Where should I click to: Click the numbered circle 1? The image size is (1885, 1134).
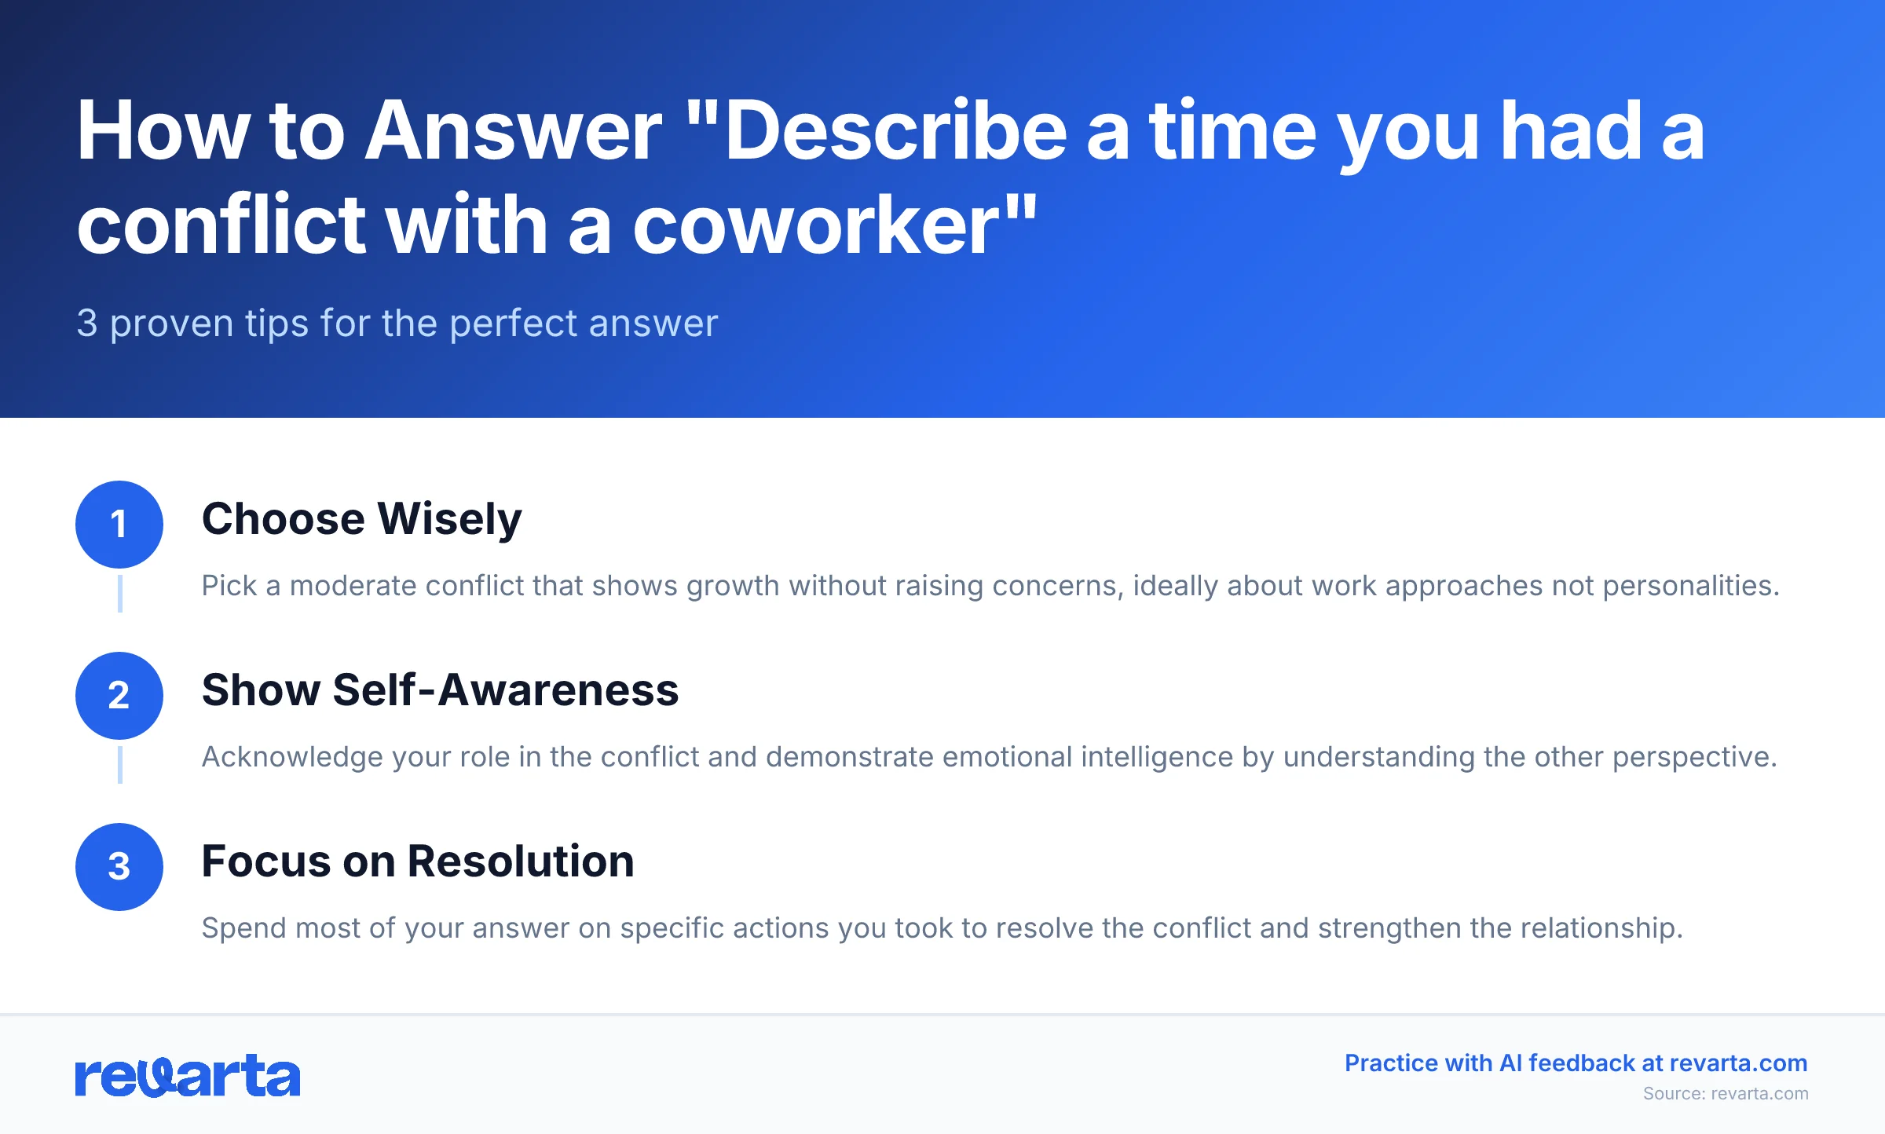pyautogui.click(x=119, y=525)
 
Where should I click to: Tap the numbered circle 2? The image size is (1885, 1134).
pyautogui.click(x=119, y=696)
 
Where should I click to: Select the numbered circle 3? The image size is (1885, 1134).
pyautogui.click(x=119, y=867)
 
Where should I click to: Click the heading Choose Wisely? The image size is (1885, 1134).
pyautogui.click(x=361, y=519)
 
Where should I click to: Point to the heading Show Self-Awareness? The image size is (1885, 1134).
pyautogui.click(x=440, y=690)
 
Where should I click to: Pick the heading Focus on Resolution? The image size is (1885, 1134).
pyautogui.click(x=418, y=861)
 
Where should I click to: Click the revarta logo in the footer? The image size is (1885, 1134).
pyautogui.click(x=188, y=1076)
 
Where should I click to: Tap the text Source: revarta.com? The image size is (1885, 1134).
pyautogui.click(x=1726, y=1094)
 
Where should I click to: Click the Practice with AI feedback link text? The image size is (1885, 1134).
pyautogui.click(x=1576, y=1063)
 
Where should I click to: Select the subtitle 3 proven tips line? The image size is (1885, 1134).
pyautogui.click(x=397, y=324)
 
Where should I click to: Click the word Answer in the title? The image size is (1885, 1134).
pyautogui.click(x=514, y=132)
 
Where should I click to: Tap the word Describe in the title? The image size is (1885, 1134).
pyautogui.click(x=895, y=132)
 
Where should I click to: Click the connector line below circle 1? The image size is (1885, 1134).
pyautogui.click(x=119, y=593)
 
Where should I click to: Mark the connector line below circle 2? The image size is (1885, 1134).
pyautogui.click(x=119, y=764)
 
